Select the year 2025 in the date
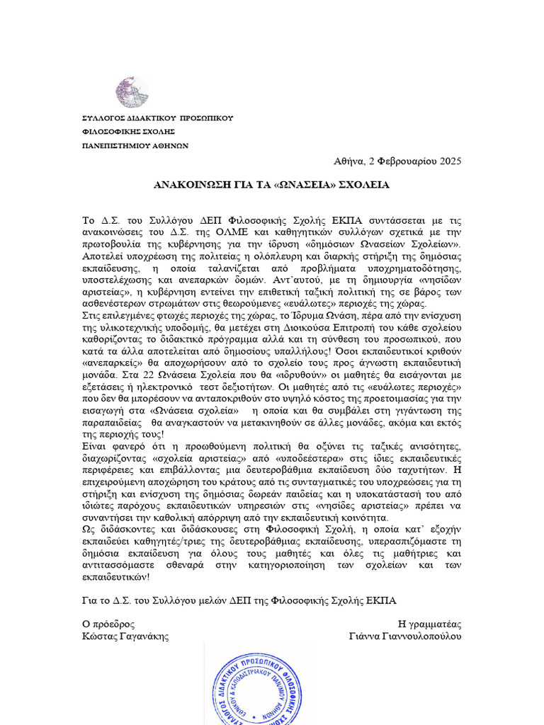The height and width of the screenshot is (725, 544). pos(450,161)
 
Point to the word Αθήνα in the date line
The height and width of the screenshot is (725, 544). pos(349,161)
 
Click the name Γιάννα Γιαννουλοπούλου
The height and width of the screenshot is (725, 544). pos(405,636)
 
